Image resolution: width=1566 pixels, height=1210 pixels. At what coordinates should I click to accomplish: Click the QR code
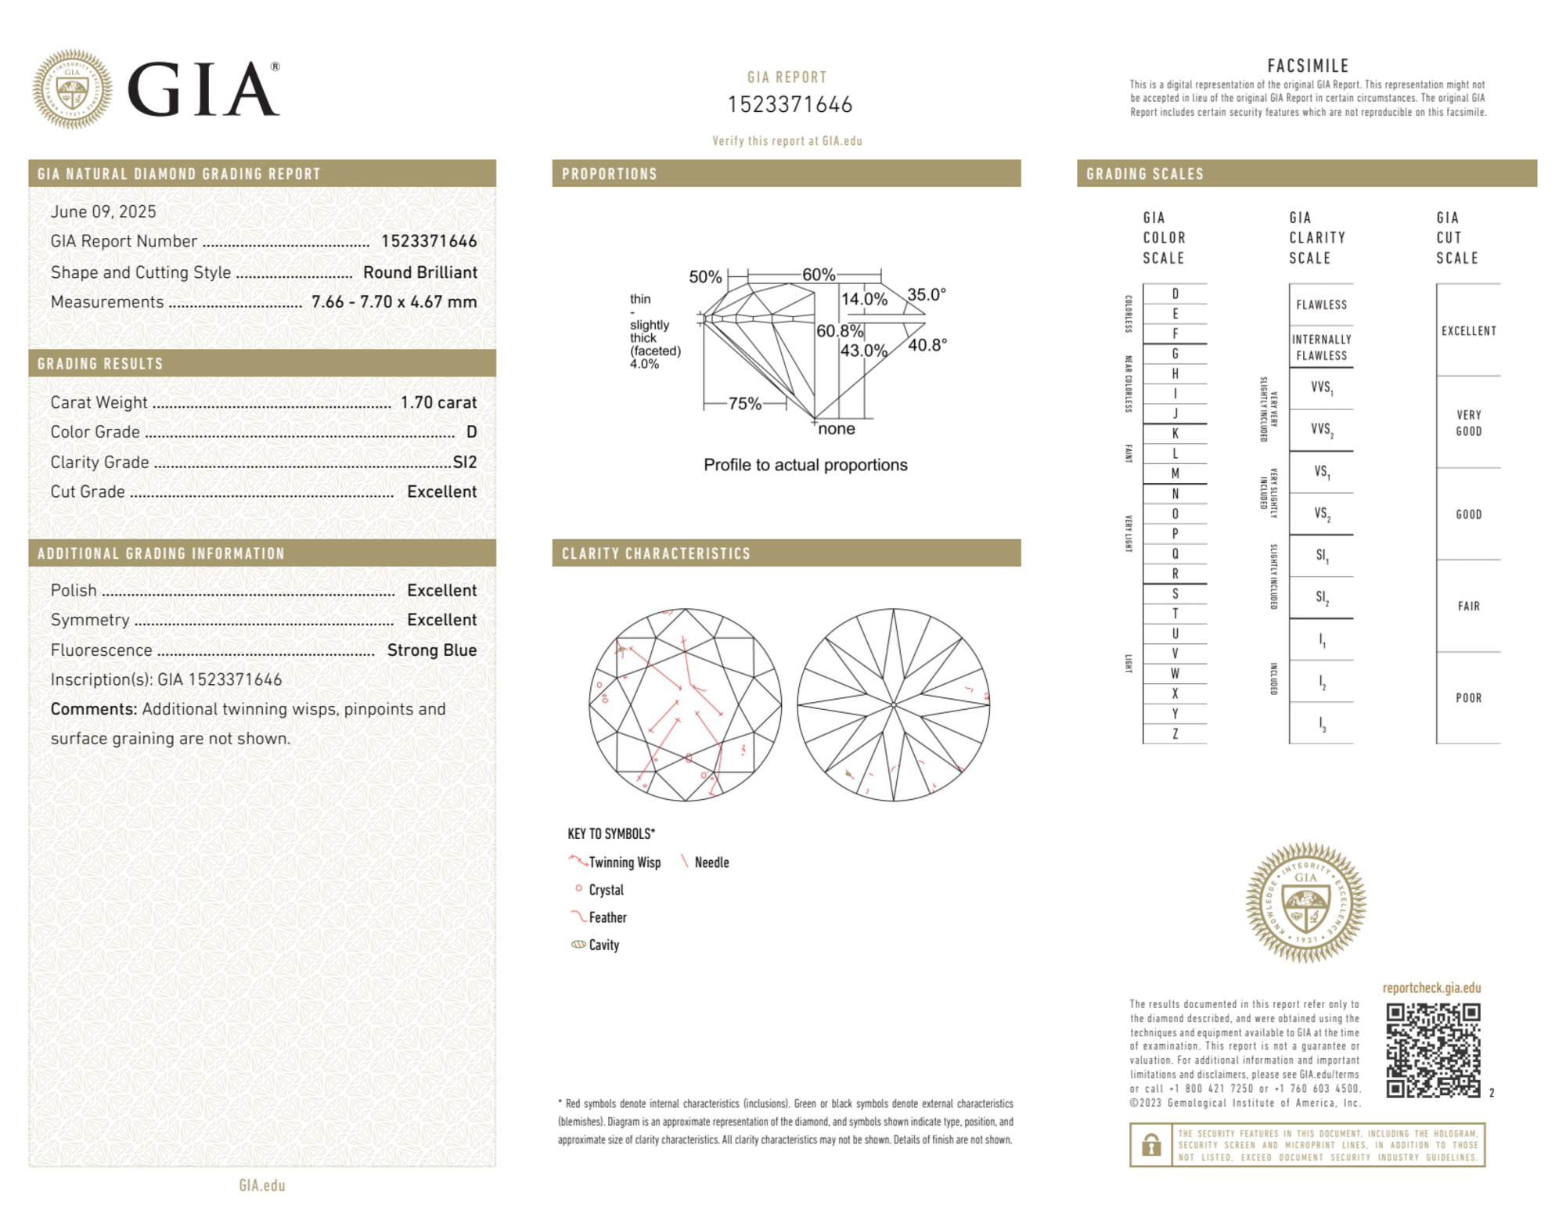(x=1432, y=1050)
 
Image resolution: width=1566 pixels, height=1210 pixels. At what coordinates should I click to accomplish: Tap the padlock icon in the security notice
(x=1150, y=1145)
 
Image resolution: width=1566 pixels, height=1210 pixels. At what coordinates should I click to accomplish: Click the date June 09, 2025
(x=103, y=211)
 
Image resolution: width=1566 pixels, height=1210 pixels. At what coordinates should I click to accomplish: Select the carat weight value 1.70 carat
(x=438, y=402)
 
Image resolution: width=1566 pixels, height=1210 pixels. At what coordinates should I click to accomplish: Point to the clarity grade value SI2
(x=465, y=462)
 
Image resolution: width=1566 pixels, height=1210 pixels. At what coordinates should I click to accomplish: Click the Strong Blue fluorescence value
(x=431, y=650)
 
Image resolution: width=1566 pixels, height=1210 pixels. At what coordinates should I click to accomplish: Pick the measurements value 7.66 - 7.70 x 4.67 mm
(x=394, y=302)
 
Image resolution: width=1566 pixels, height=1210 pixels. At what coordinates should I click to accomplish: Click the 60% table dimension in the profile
(x=819, y=275)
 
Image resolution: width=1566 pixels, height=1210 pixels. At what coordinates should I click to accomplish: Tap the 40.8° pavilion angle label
(x=927, y=344)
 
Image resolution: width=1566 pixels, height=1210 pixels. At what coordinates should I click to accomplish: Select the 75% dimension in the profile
(x=744, y=404)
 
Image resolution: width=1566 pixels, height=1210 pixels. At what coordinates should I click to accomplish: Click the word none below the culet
(x=836, y=429)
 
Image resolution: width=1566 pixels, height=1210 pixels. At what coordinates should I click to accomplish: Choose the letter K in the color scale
(x=1175, y=434)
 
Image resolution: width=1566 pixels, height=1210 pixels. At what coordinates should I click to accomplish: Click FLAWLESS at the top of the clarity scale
(x=1321, y=305)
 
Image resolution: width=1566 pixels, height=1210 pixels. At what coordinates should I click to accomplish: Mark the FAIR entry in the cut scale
(x=1468, y=606)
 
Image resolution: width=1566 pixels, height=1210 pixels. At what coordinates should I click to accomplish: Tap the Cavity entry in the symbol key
(x=603, y=945)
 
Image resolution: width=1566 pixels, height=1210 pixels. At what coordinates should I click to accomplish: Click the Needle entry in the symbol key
(x=711, y=862)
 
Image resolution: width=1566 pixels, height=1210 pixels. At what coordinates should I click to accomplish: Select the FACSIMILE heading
(x=1308, y=66)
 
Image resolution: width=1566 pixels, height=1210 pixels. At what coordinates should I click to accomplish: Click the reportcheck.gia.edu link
(x=1431, y=988)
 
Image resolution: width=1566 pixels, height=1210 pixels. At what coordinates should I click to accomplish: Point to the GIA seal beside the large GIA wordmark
(x=72, y=89)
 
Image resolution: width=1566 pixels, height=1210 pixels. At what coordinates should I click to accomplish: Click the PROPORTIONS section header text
(x=610, y=174)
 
